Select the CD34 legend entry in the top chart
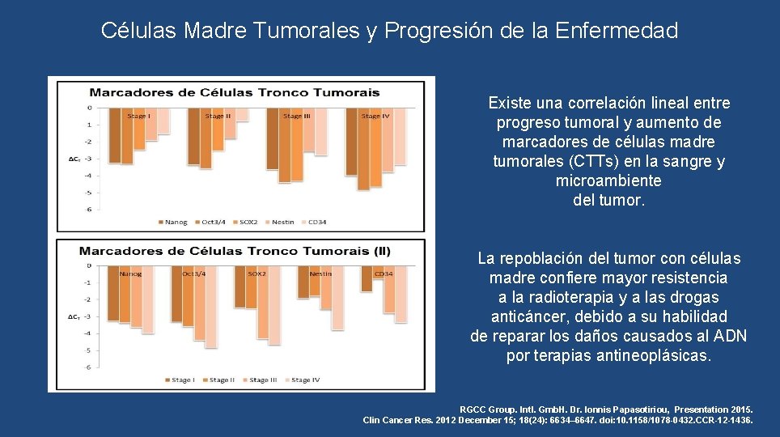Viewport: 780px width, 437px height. click(315, 223)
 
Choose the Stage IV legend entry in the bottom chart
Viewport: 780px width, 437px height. click(306, 380)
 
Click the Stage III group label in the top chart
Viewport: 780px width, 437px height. click(297, 117)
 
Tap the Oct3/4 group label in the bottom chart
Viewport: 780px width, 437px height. click(194, 274)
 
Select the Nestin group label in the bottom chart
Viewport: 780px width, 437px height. click(320, 274)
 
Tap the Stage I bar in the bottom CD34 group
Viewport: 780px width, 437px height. click(366, 279)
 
